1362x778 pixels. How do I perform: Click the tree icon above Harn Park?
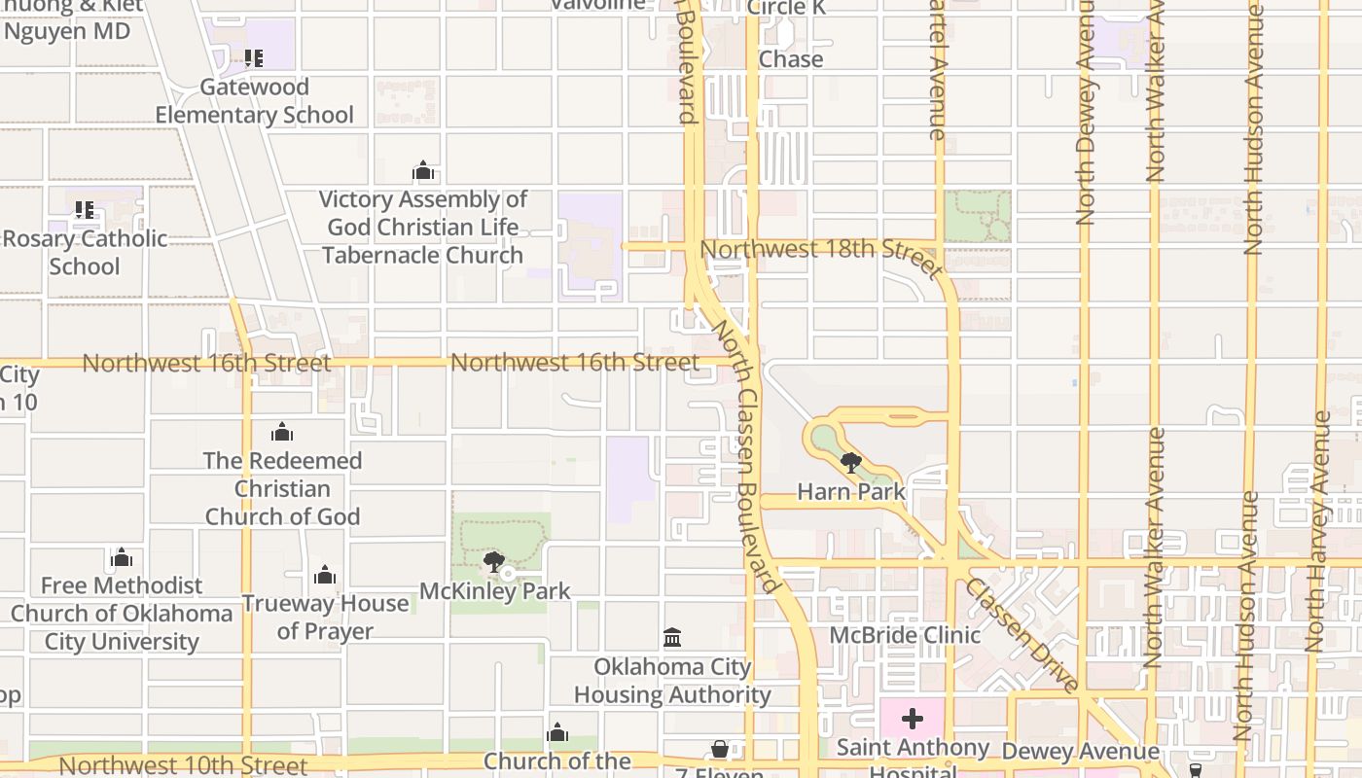(850, 463)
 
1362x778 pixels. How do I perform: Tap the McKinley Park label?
(494, 591)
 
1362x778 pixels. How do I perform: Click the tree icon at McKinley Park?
(494, 562)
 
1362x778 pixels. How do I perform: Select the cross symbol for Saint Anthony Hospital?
(912, 719)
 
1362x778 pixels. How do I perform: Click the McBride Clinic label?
(905, 635)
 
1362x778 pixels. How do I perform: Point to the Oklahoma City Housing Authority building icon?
(671, 638)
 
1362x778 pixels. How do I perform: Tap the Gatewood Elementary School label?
(254, 101)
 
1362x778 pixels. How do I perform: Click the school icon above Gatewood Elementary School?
(253, 58)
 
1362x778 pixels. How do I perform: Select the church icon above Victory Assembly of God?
(423, 172)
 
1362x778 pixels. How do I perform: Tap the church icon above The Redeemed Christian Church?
(282, 432)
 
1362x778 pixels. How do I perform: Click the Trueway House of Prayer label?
(325, 617)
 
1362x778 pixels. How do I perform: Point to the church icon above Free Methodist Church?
(122, 558)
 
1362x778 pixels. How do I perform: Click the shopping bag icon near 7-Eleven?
(720, 749)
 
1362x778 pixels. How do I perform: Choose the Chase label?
(790, 59)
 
